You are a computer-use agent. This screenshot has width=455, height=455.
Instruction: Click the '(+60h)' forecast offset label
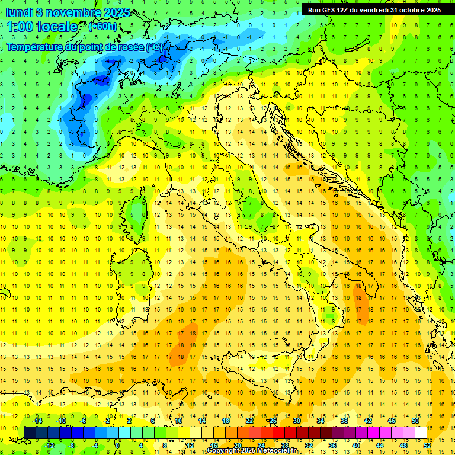click(x=102, y=27)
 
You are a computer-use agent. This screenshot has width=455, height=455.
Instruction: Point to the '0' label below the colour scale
click(x=117, y=446)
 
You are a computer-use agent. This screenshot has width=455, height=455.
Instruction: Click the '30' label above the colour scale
click(x=297, y=421)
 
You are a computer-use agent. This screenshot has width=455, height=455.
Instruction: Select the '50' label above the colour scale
click(x=415, y=421)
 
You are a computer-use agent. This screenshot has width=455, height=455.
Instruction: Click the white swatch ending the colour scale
click(x=421, y=433)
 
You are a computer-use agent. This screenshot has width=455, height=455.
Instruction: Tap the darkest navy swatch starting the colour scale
click(x=30, y=433)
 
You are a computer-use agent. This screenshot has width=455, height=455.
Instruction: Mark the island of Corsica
click(x=138, y=212)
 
